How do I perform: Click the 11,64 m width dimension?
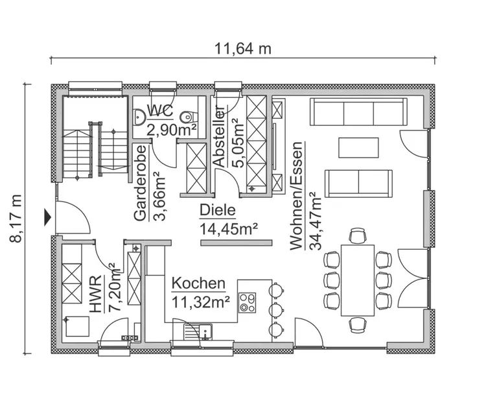(x=243, y=49)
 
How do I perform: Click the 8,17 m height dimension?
(x=16, y=219)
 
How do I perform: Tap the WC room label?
(x=160, y=111)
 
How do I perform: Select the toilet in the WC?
(x=188, y=117)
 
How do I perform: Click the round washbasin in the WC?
(x=139, y=117)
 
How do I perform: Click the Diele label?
(x=218, y=210)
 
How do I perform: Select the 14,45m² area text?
(x=229, y=230)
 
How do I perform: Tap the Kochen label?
(x=198, y=283)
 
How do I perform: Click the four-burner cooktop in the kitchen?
(x=247, y=302)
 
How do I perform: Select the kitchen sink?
(x=198, y=331)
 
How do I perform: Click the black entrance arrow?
(x=47, y=217)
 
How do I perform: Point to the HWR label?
(x=96, y=293)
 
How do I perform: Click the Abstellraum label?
(x=219, y=136)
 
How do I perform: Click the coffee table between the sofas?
(x=358, y=148)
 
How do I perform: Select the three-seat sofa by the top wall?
(x=358, y=112)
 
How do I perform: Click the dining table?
(x=357, y=280)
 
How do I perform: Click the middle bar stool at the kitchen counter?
(x=275, y=309)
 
